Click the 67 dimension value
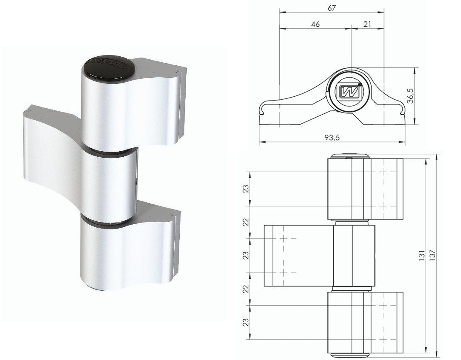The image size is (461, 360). [331, 8]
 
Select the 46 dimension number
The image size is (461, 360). [315, 24]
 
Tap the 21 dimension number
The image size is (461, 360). [367, 24]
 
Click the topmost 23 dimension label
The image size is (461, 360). [245, 189]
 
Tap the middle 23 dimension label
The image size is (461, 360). [245, 255]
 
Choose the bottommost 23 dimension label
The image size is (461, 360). [245, 322]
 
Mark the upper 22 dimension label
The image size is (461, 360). [245, 222]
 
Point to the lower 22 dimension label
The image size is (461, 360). [245, 289]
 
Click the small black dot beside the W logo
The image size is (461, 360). [359, 85]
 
